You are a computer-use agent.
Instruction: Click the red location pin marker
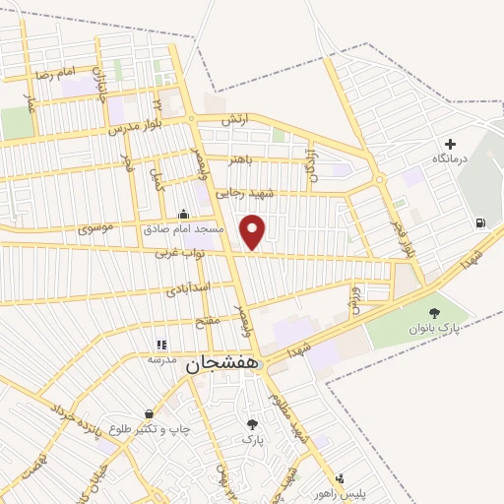coord(254,230)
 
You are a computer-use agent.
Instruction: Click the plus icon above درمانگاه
coord(451,144)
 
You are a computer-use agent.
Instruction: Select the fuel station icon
coord(478,222)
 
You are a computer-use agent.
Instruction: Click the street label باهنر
coord(242,158)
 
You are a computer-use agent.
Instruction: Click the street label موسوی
coord(100,228)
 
